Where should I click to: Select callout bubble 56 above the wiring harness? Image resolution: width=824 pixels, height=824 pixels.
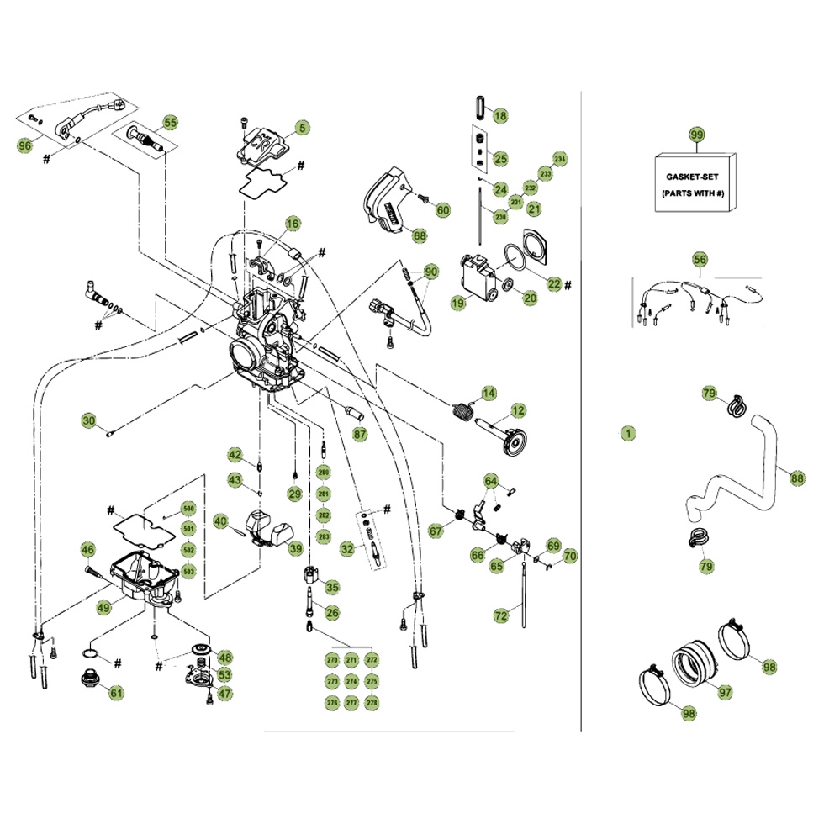(700, 260)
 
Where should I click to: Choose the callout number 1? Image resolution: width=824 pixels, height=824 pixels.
(626, 434)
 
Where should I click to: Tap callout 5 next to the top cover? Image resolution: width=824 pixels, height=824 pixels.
(301, 129)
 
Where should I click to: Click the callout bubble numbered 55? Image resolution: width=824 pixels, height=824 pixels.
(171, 123)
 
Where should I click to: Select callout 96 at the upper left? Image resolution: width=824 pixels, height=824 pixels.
(25, 145)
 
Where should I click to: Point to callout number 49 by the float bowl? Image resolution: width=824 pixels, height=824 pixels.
(104, 607)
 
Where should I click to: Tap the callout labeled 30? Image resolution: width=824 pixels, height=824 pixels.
(89, 420)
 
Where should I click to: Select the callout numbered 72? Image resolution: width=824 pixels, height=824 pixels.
(501, 615)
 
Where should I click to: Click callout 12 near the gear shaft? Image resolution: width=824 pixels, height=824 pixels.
(518, 410)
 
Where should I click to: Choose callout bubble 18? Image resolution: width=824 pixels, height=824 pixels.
(500, 116)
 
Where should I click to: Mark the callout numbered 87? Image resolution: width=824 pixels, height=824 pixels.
(360, 435)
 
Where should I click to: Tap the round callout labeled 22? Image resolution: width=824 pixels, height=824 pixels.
(553, 284)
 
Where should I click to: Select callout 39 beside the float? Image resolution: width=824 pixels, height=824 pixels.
(296, 549)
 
